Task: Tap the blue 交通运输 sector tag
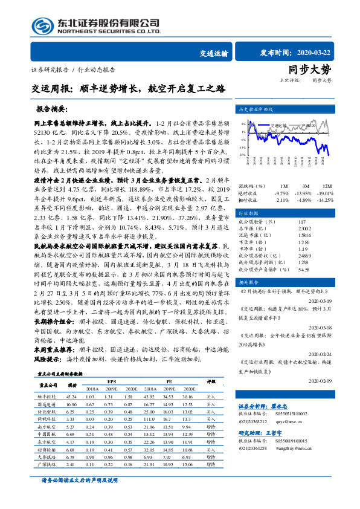(x=214, y=53)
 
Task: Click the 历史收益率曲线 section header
(x=256, y=109)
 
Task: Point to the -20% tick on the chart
(x=242, y=155)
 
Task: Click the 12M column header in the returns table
(x=326, y=186)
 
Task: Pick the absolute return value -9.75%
(x=282, y=192)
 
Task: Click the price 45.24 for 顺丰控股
(x=72, y=395)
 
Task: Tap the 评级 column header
(x=211, y=381)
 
